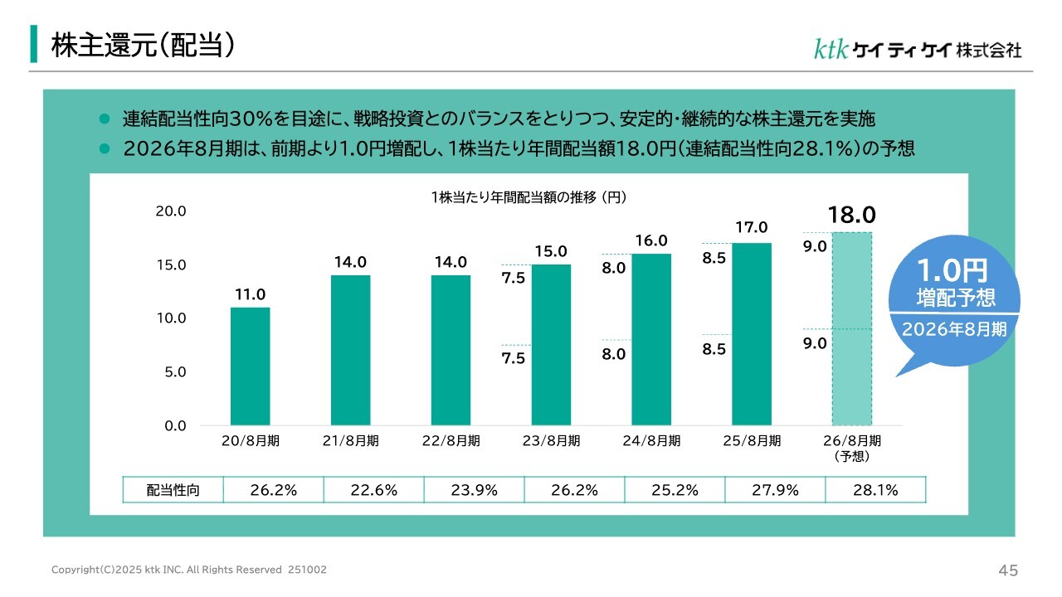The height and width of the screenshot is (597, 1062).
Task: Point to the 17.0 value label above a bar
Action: click(x=751, y=227)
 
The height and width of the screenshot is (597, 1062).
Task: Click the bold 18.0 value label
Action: click(x=852, y=216)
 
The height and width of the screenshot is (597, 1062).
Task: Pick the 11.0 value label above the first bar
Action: click(x=250, y=294)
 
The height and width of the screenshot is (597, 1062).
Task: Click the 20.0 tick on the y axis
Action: click(x=171, y=211)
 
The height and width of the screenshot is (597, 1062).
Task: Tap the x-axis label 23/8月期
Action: click(x=551, y=441)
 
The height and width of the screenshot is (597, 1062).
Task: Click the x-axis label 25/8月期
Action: click(x=752, y=441)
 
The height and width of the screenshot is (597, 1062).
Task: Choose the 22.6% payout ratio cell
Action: click(x=373, y=490)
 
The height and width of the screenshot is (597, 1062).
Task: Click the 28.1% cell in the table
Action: click(x=875, y=490)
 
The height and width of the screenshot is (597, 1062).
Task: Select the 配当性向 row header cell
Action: click(x=173, y=490)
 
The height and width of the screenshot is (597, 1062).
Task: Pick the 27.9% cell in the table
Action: click(x=775, y=490)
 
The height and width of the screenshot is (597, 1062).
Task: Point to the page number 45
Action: click(x=1008, y=570)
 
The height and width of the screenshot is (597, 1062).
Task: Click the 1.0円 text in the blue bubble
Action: click(x=954, y=271)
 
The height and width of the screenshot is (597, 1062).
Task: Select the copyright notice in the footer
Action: click(x=189, y=570)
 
